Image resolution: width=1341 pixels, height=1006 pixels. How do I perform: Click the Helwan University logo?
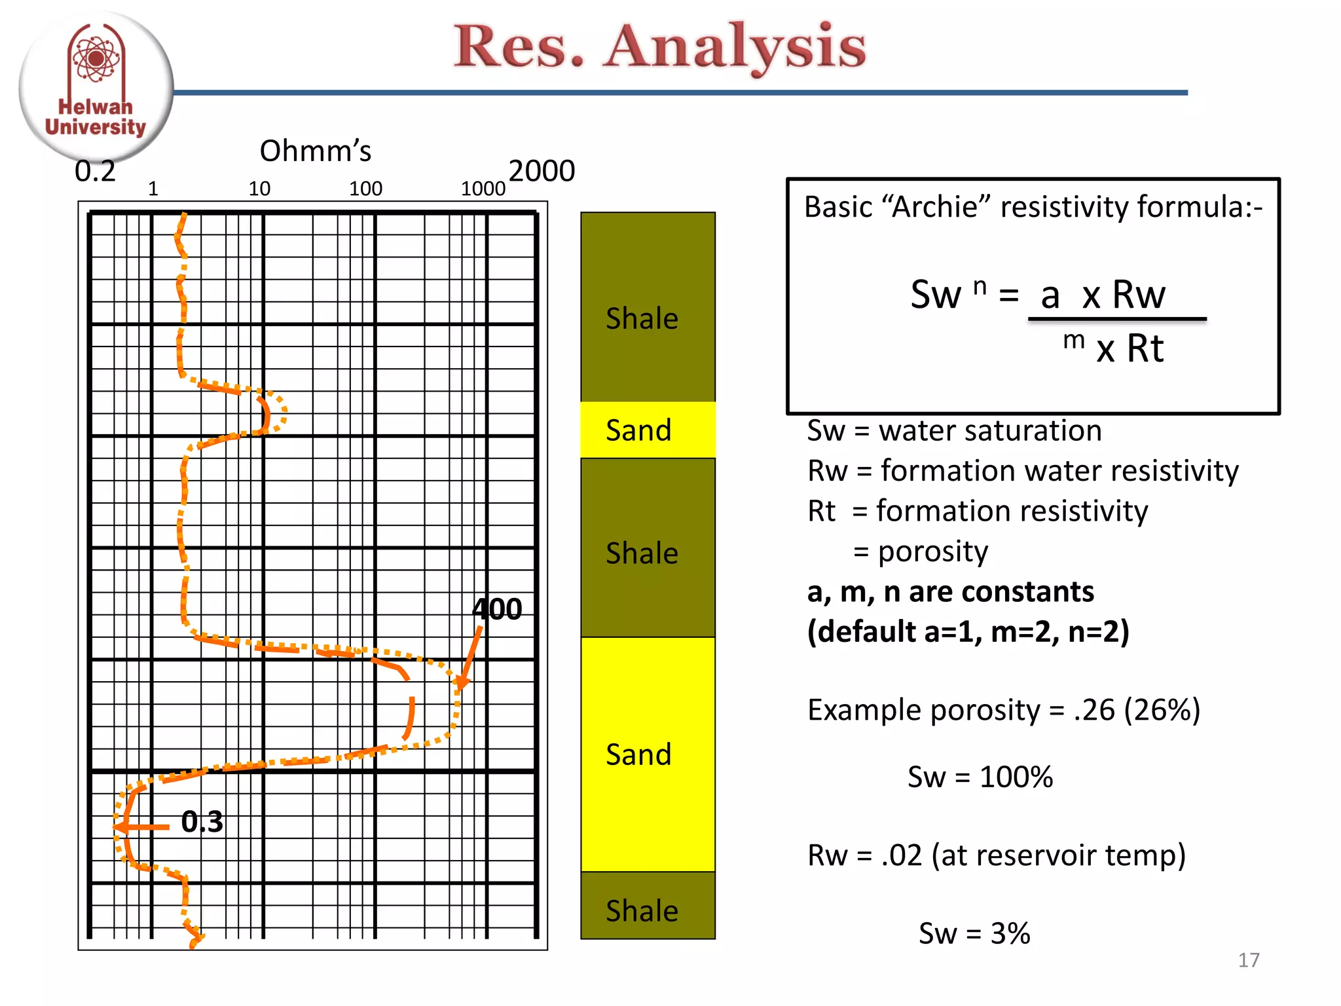point(96,85)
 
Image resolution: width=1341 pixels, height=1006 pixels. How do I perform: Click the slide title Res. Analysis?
point(660,47)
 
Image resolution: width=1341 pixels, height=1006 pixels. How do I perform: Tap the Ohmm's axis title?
point(315,151)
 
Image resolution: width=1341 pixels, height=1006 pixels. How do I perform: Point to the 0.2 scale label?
point(95,172)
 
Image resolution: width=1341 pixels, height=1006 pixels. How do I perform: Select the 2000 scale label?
point(542,171)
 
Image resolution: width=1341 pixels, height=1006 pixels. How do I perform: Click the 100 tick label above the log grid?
point(365,189)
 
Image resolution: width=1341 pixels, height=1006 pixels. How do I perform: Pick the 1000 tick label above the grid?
point(483,189)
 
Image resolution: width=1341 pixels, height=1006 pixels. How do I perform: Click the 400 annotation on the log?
point(497,609)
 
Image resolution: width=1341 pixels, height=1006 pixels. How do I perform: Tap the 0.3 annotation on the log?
point(202,821)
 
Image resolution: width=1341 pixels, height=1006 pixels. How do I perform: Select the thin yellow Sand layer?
point(647,430)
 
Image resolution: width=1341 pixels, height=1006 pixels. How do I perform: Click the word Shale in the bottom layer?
point(642,910)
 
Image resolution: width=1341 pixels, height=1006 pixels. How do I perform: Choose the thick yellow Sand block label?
point(638,754)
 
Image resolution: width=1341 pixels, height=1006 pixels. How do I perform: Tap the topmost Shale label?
point(642,318)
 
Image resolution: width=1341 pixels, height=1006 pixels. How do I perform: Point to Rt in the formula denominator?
point(1145,348)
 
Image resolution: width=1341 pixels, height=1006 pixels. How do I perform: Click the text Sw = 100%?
point(980,777)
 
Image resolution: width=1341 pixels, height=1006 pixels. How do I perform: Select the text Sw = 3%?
point(974,933)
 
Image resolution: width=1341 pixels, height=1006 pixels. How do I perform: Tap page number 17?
point(1248,960)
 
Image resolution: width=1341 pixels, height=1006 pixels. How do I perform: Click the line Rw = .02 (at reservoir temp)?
point(996,855)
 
